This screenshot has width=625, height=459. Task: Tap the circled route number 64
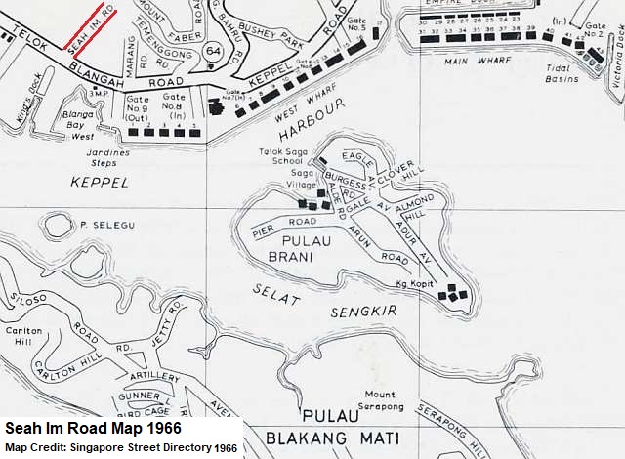click(213, 50)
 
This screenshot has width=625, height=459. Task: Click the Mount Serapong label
click(380, 400)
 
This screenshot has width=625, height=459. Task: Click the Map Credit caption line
click(121, 448)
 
